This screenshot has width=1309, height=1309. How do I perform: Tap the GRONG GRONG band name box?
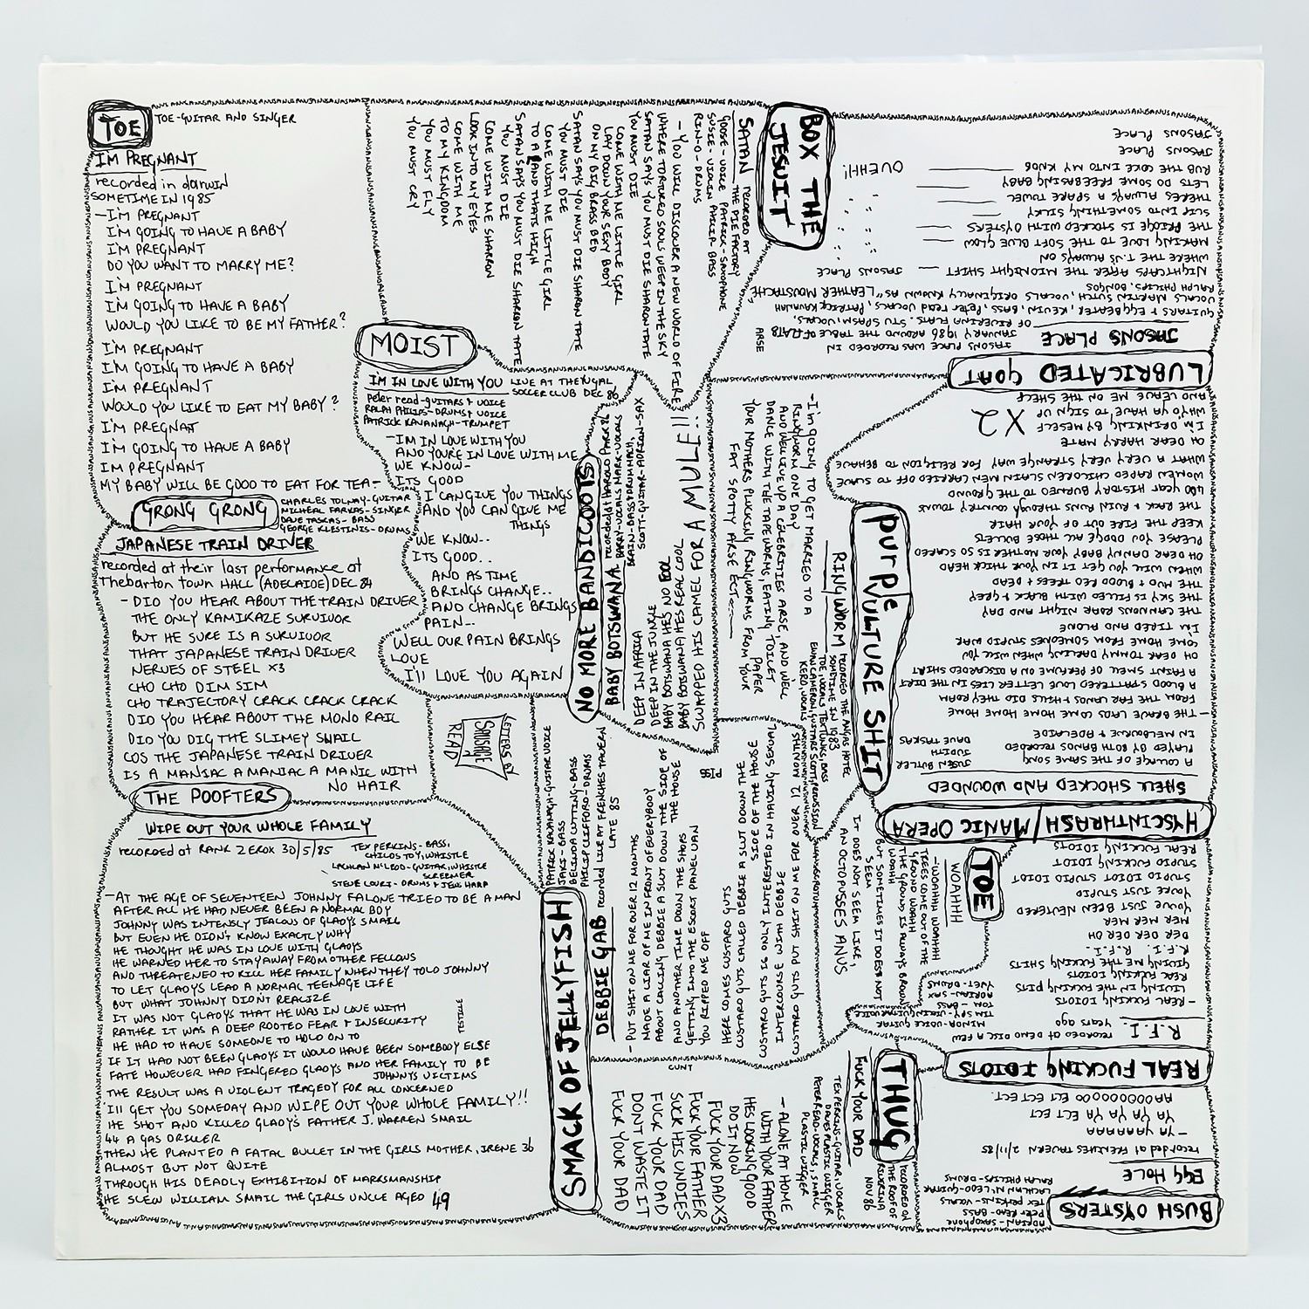click(186, 510)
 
